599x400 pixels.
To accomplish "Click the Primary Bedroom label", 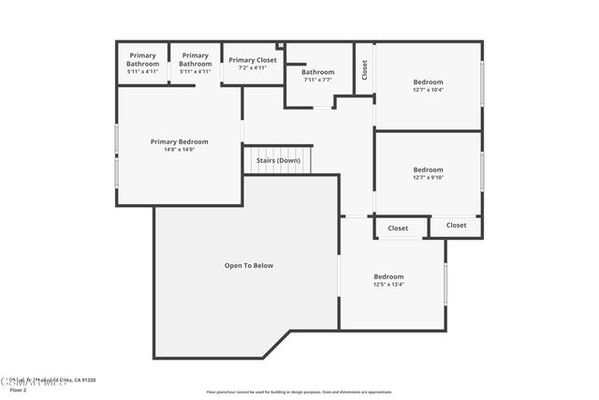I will pyautogui.click(x=179, y=141).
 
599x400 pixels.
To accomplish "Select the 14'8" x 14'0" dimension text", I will pyautogui.click(x=179, y=149).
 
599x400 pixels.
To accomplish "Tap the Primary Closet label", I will pyautogui.click(x=253, y=60).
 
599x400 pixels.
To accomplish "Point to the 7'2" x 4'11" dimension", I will pyautogui.click(x=253, y=67).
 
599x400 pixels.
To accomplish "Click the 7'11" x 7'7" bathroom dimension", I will pyautogui.click(x=317, y=80).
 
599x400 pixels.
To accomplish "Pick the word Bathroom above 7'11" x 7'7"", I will pyautogui.click(x=317, y=72).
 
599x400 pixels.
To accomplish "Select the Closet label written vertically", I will pyautogui.click(x=364, y=68).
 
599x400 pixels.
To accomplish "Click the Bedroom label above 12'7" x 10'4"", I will pyautogui.click(x=428, y=81).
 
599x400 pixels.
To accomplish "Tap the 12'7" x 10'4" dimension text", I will pyautogui.click(x=428, y=90).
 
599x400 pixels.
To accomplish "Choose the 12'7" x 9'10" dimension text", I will pyautogui.click(x=428, y=178).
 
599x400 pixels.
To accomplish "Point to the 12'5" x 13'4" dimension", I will pyautogui.click(x=388, y=285).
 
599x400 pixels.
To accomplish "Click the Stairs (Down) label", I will pyautogui.click(x=278, y=160).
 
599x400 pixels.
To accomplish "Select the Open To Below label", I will pyautogui.click(x=248, y=265).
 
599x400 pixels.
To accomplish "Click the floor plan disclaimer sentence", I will pyautogui.click(x=299, y=392).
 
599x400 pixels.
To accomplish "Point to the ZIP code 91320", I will pyautogui.click(x=89, y=379).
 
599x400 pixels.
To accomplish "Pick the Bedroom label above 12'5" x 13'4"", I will pyautogui.click(x=388, y=276).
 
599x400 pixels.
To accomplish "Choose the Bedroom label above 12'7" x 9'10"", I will pyautogui.click(x=428, y=170).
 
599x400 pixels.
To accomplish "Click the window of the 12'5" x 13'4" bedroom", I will pyautogui.click(x=446, y=283).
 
